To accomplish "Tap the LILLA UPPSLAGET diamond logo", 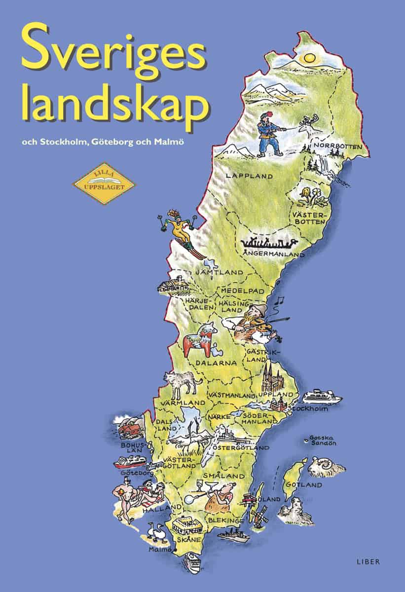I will pyautogui.click(x=104, y=184).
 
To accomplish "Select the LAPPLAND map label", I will pyautogui.click(x=242, y=176).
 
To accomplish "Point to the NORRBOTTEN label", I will pyautogui.click(x=337, y=147).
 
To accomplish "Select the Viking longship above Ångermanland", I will pyautogui.click(x=269, y=243).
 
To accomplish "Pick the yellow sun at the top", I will pyautogui.click(x=310, y=58).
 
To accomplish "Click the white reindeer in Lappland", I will pyautogui.click(x=310, y=130).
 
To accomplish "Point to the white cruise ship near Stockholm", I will pyautogui.click(x=322, y=397).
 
